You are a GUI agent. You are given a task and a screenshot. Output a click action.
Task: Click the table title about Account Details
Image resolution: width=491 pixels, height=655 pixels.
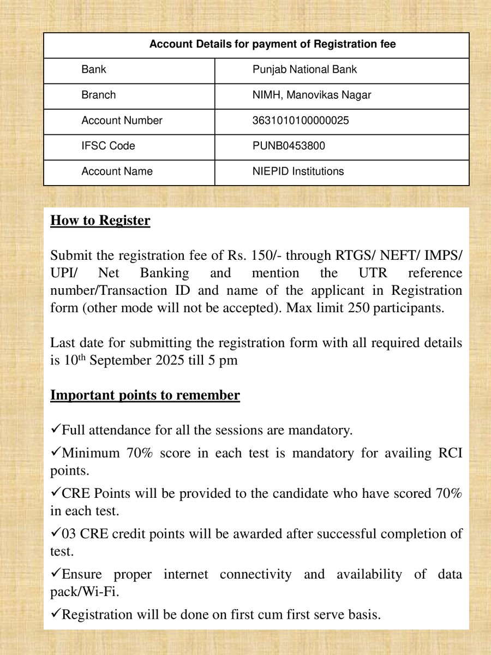point(272,44)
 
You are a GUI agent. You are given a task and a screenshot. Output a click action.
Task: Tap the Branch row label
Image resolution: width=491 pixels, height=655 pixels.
point(98,95)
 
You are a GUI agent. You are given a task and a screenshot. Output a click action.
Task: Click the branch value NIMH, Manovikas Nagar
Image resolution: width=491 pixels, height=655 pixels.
point(312,95)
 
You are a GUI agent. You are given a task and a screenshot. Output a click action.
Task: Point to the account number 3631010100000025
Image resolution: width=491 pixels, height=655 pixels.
point(301,121)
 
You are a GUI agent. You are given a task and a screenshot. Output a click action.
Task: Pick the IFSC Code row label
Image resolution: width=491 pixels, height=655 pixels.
point(108,146)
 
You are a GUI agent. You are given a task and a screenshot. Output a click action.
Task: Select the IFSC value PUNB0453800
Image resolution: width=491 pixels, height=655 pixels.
point(289,146)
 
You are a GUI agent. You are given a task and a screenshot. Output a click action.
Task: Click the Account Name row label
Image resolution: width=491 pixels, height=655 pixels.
point(117,171)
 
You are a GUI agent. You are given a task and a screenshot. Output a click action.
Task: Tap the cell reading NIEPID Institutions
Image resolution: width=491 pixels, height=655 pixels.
point(298,171)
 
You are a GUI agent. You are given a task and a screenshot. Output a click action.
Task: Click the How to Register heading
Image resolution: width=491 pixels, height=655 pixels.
point(100,221)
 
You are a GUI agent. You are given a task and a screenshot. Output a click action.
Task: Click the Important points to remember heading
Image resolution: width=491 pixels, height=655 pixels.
point(145,395)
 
